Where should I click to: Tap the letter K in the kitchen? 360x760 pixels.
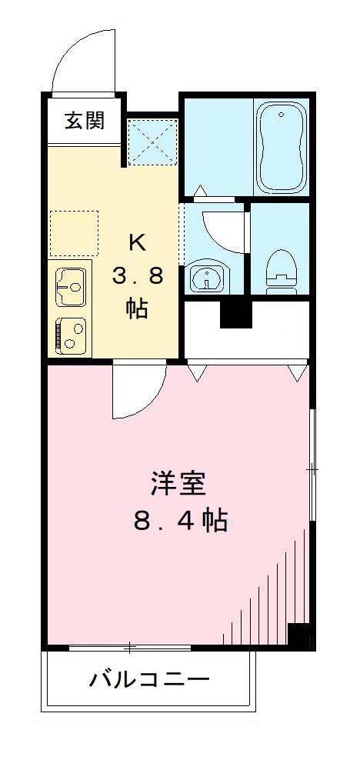pos(137,242)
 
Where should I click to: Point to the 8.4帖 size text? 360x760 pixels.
pos(180,522)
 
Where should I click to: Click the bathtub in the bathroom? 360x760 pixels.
pos(282,149)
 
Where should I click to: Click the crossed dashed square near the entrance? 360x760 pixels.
pos(152,143)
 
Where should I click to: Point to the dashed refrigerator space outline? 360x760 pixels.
pos(74,233)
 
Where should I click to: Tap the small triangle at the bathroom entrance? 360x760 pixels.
pos(200,188)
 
